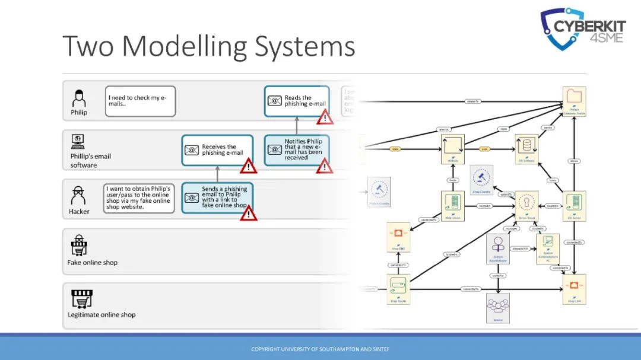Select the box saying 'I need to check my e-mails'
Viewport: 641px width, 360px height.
[x=141, y=101]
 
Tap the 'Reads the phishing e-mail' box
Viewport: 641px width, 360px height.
[x=297, y=101]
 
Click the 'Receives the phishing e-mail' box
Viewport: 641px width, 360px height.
[x=217, y=149]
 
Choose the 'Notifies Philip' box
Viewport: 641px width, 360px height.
[x=297, y=149]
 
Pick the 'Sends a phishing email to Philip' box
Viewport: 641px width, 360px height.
[x=217, y=197]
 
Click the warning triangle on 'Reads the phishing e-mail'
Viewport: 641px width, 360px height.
[x=324, y=117]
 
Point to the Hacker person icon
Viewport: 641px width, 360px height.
[x=78, y=195]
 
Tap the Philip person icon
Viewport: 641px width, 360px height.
[x=78, y=98]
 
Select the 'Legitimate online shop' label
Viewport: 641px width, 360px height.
[x=101, y=314]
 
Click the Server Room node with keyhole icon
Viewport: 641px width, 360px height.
[x=526, y=205]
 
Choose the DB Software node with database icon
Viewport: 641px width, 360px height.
[x=526, y=148]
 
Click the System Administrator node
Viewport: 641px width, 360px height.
[x=498, y=249]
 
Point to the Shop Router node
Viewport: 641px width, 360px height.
[x=399, y=289]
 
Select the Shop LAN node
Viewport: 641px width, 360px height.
[x=574, y=289]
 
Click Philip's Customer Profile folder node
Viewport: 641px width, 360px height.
[x=574, y=101]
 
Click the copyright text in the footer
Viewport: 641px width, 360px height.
[x=320, y=349]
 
